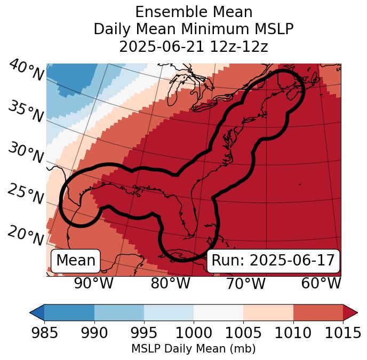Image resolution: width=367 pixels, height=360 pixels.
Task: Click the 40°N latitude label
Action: point(26,71)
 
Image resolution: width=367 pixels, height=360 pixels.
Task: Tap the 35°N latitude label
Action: point(26,112)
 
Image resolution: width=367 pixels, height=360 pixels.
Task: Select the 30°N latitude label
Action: point(26,153)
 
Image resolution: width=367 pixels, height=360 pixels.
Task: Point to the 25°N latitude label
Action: point(26,194)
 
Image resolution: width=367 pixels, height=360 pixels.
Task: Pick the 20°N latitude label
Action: point(26,236)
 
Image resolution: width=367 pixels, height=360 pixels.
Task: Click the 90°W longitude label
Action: point(93,284)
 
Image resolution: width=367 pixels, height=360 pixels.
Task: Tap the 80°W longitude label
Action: point(170,284)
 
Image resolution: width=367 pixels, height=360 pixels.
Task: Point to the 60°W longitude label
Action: point(321,284)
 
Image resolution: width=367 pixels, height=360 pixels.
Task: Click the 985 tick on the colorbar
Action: point(44,333)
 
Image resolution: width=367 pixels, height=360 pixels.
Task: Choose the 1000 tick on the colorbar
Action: point(194,333)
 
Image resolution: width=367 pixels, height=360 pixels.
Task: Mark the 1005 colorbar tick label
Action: point(243,333)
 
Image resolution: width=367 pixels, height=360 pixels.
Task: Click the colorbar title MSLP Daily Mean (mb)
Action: point(193,349)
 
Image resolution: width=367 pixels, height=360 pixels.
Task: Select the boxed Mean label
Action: point(76,261)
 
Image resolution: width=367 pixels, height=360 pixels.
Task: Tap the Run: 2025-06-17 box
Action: point(273,261)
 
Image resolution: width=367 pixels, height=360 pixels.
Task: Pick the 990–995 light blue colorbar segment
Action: point(119,312)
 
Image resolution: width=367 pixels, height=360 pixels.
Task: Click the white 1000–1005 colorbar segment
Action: point(218,312)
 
